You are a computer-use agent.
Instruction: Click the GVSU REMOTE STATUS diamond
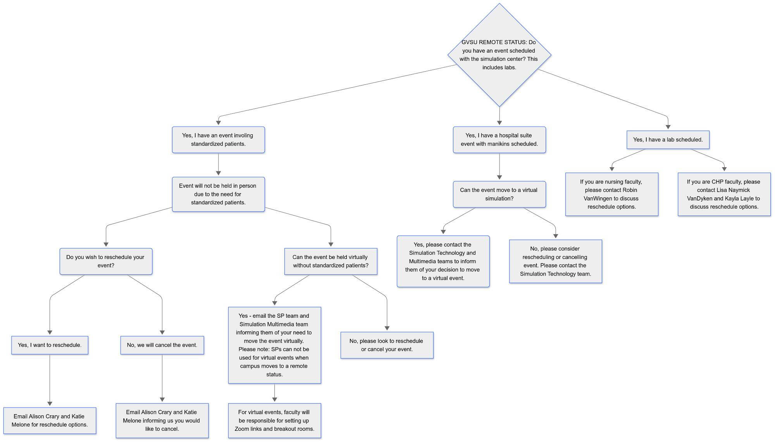(x=499, y=55)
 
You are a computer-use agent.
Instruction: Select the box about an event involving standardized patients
(x=218, y=140)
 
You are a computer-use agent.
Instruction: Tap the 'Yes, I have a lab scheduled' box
(x=668, y=140)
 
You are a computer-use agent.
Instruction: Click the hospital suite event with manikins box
(x=499, y=140)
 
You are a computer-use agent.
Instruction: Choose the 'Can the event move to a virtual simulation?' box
(x=499, y=194)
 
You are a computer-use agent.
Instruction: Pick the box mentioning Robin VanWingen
(x=611, y=194)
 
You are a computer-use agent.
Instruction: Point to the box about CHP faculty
(x=724, y=194)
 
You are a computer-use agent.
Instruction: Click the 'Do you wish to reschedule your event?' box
(x=106, y=261)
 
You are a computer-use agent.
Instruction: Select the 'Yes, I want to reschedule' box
(x=50, y=345)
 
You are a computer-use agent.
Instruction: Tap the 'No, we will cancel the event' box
(x=162, y=345)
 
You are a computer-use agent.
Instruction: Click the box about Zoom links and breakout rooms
(x=274, y=421)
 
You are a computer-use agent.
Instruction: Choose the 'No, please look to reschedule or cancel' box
(x=387, y=345)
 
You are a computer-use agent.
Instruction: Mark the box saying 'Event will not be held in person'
(x=218, y=194)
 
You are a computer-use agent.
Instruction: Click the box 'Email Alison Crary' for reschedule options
(x=50, y=421)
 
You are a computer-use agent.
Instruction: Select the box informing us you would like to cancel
(x=162, y=421)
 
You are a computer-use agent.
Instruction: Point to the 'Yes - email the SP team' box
(x=274, y=345)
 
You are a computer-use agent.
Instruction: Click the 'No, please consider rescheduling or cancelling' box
(x=555, y=261)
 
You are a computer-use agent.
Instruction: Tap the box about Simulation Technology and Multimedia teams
(x=443, y=261)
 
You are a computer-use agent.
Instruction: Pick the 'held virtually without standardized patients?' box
(x=331, y=261)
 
